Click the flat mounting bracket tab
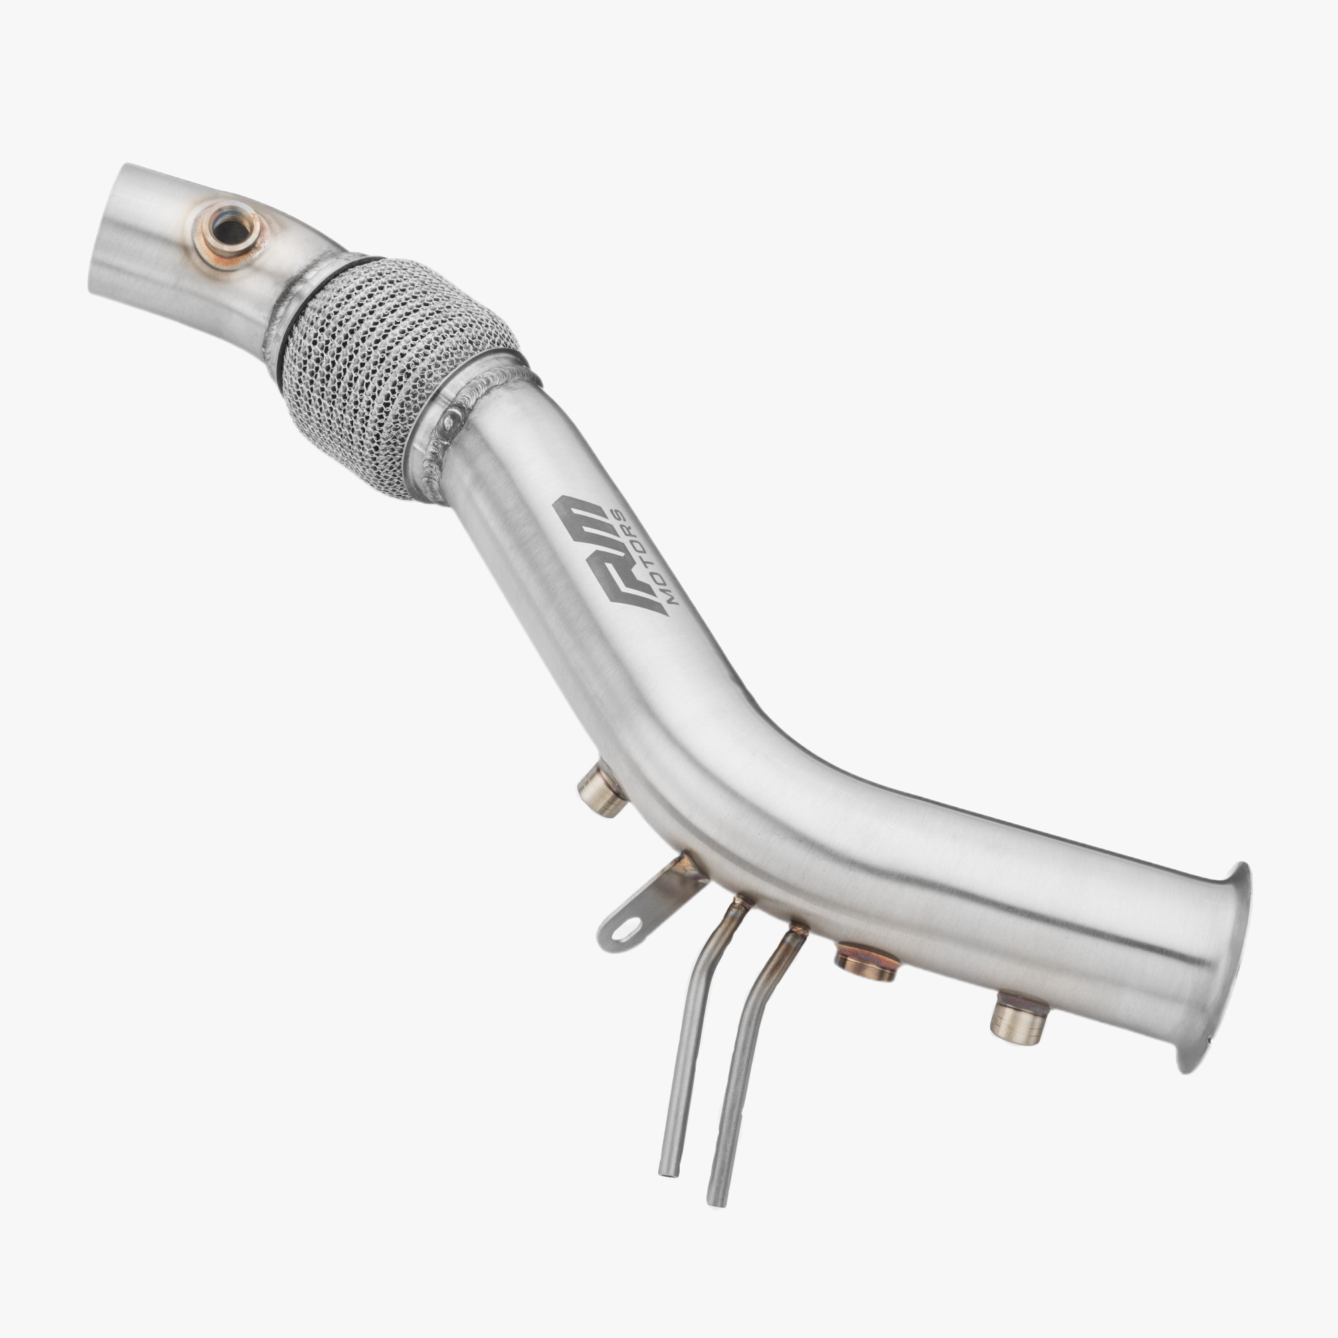tap(648, 904)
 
